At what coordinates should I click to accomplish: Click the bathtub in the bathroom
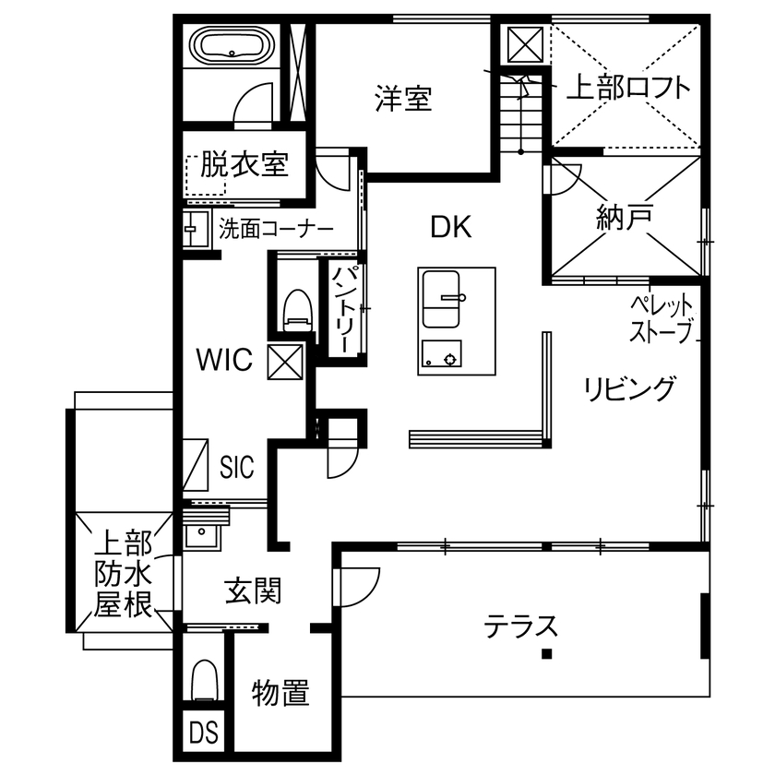[x=231, y=45]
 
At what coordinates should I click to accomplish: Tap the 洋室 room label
[x=403, y=98]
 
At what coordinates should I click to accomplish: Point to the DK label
[x=451, y=227]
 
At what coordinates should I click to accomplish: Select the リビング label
[x=630, y=388]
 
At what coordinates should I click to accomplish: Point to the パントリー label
[x=340, y=309]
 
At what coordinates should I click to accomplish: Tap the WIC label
[x=224, y=361]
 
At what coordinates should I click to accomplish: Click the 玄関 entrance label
[x=254, y=589]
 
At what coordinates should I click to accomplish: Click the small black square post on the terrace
[x=547, y=655]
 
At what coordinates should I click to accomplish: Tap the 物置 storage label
[x=280, y=692]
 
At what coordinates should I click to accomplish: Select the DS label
[x=204, y=733]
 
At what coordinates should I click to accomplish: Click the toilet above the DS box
[x=204, y=683]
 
